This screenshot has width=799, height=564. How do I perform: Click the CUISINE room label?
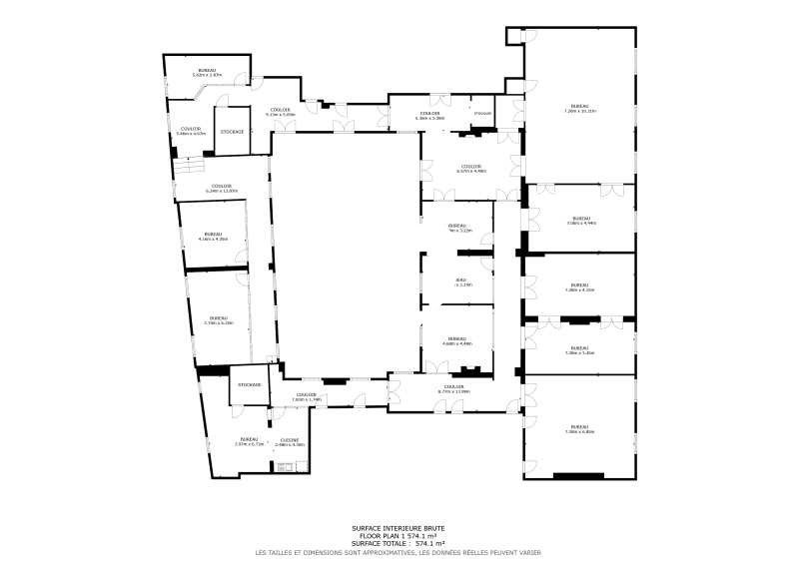292,440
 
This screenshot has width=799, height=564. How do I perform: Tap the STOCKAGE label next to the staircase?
232,132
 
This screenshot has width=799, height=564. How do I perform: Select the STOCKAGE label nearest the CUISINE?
249,384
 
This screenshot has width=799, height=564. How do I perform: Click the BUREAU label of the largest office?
579,106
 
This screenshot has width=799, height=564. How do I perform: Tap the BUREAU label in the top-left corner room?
205,70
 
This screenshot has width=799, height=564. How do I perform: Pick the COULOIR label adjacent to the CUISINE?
306,394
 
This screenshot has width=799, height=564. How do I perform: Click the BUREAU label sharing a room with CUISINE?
249,440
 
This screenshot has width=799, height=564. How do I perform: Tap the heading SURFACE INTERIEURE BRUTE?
399,528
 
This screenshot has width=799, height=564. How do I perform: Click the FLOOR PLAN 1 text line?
399,536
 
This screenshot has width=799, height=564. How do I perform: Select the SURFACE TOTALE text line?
399,544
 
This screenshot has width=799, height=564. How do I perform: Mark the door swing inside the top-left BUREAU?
256,82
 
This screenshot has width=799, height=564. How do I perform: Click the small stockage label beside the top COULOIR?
483,113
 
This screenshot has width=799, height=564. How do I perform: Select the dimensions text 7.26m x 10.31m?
579,111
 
